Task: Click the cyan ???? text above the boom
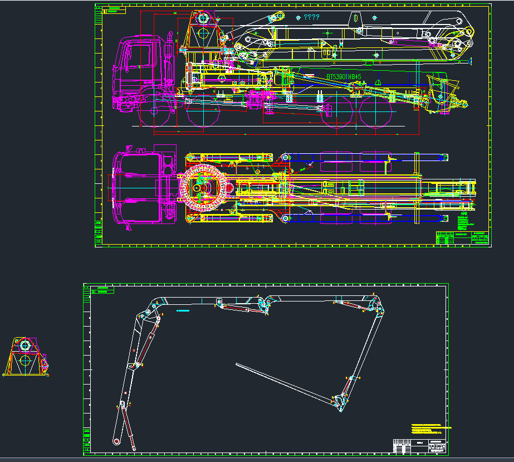point(311,17)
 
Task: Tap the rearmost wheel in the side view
point(375,114)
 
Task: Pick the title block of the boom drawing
point(419,446)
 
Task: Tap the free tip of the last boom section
point(237,365)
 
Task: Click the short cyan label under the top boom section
point(183,310)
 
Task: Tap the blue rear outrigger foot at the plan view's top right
point(443,157)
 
